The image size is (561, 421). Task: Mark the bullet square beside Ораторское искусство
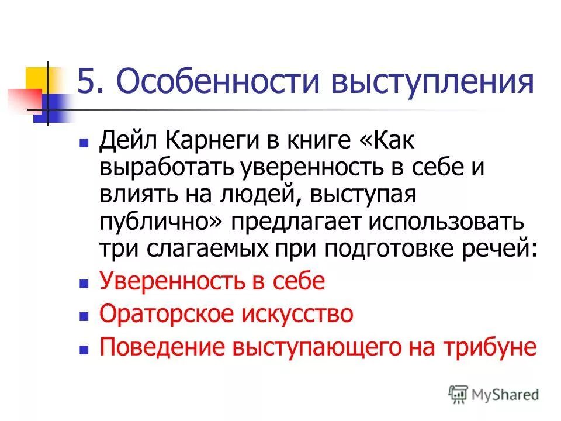tap(84, 315)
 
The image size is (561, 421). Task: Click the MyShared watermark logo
tap(494, 394)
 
